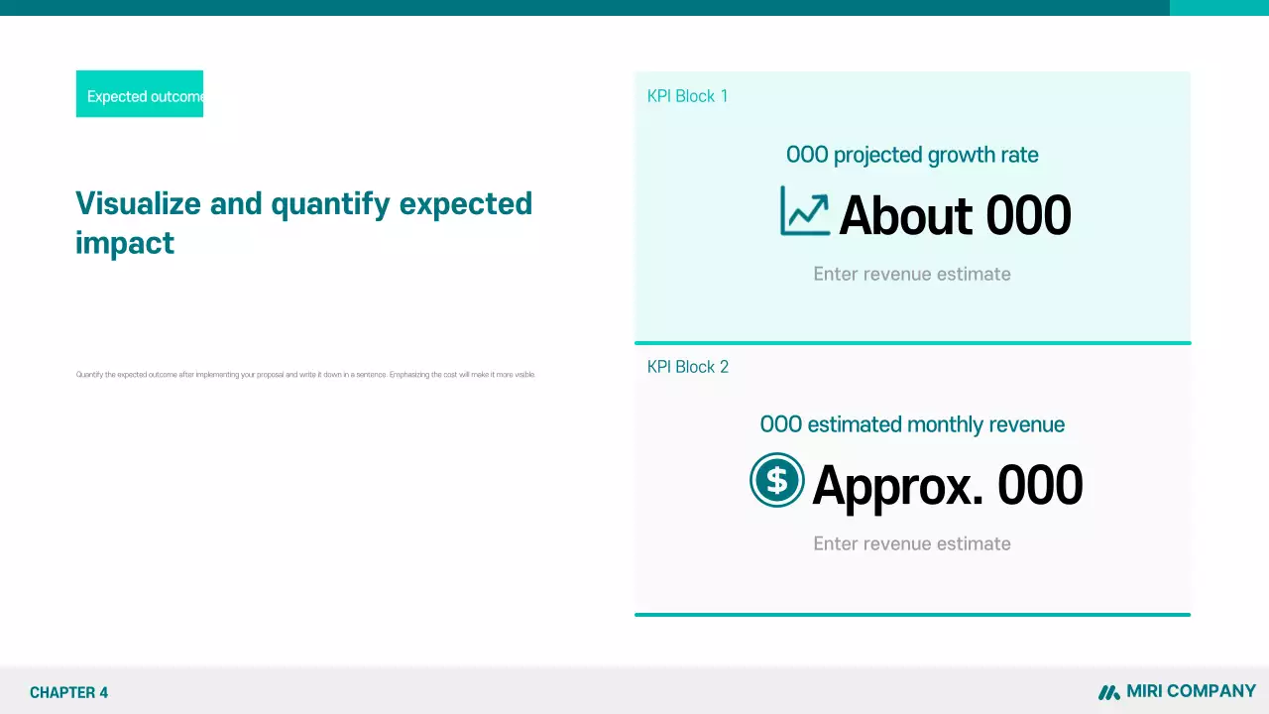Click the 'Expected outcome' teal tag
(140, 94)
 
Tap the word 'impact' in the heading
(125, 243)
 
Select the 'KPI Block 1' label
(687, 96)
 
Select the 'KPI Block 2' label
(687, 367)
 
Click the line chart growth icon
(804, 211)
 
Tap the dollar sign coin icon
(776, 480)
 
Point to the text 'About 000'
(955, 215)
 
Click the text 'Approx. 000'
(947, 486)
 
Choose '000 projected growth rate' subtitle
(912, 155)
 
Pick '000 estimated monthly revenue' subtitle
(912, 424)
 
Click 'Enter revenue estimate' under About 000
(912, 274)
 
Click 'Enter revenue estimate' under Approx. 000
(912, 543)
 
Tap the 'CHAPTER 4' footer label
(68, 692)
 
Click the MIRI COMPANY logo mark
(1108, 692)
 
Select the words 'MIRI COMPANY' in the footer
(1191, 691)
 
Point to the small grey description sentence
(305, 375)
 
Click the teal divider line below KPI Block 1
(912, 343)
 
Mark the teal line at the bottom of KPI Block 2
(912, 615)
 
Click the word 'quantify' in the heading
(330, 203)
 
